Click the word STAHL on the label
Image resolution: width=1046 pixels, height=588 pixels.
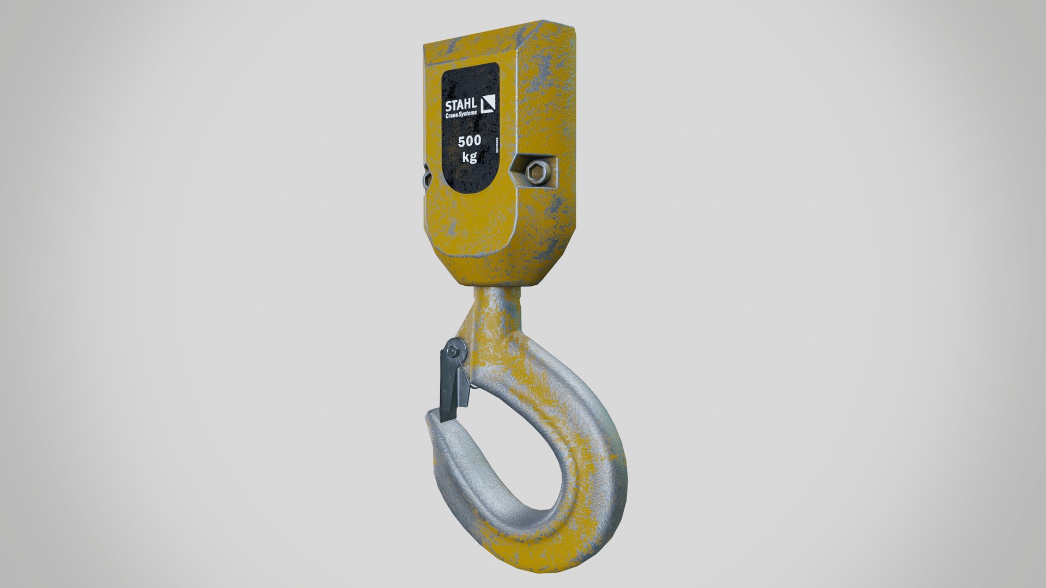click(x=461, y=105)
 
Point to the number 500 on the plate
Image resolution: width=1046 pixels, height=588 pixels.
click(x=469, y=142)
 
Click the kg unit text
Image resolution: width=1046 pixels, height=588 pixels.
click(x=469, y=158)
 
